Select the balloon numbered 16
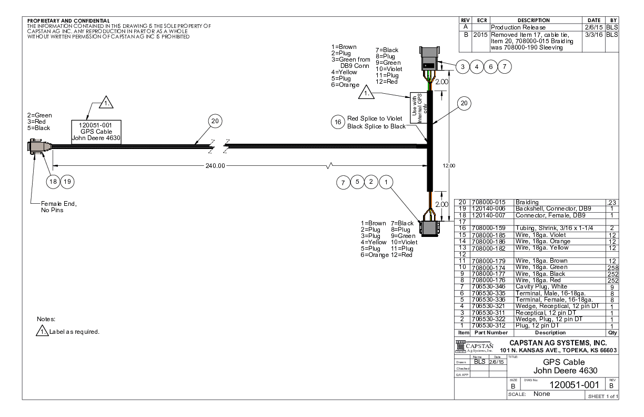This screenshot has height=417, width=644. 337,122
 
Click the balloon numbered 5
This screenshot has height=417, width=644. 358,182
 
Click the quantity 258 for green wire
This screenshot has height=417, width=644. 611,268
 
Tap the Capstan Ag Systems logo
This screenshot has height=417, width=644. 475,345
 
